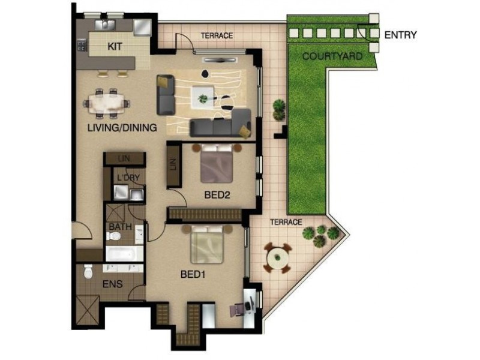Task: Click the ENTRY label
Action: coord(400,35)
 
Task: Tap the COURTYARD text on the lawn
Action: coord(332,57)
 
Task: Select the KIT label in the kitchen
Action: coord(115,46)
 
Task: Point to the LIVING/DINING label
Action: coord(122,127)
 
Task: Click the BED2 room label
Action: coord(217,194)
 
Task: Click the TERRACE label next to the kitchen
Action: coord(217,36)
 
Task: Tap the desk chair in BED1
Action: coord(236,308)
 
